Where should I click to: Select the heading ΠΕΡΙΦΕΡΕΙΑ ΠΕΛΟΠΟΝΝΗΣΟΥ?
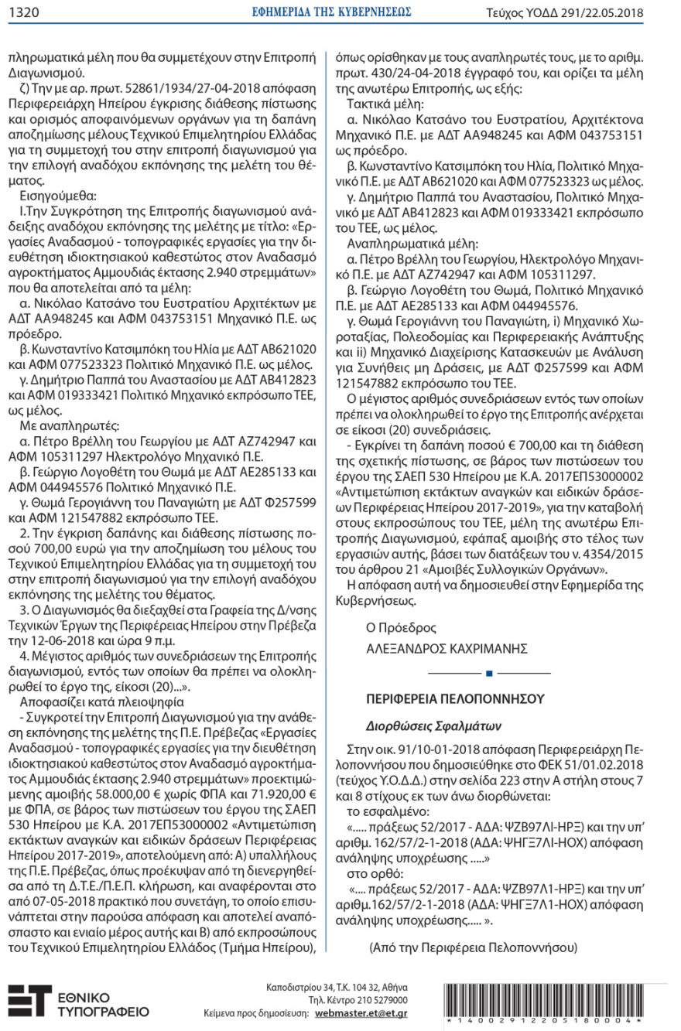click(x=455, y=698)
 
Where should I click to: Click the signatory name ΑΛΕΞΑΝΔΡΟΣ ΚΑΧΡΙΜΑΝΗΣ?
click(x=447, y=648)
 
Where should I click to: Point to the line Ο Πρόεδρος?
click(x=401, y=628)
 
